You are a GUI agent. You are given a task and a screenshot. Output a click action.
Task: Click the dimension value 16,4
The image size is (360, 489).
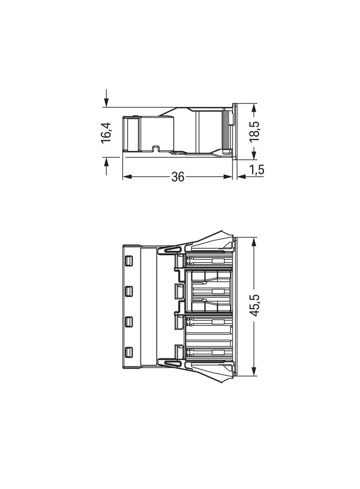(x=106, y=133)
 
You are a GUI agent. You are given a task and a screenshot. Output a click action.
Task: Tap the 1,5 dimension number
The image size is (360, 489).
(x=257, y=170)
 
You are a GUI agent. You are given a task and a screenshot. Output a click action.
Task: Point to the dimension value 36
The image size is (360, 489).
(x=178, y=177)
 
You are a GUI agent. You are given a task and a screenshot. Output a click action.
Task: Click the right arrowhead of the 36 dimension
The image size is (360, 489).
(x=228, y=177)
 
